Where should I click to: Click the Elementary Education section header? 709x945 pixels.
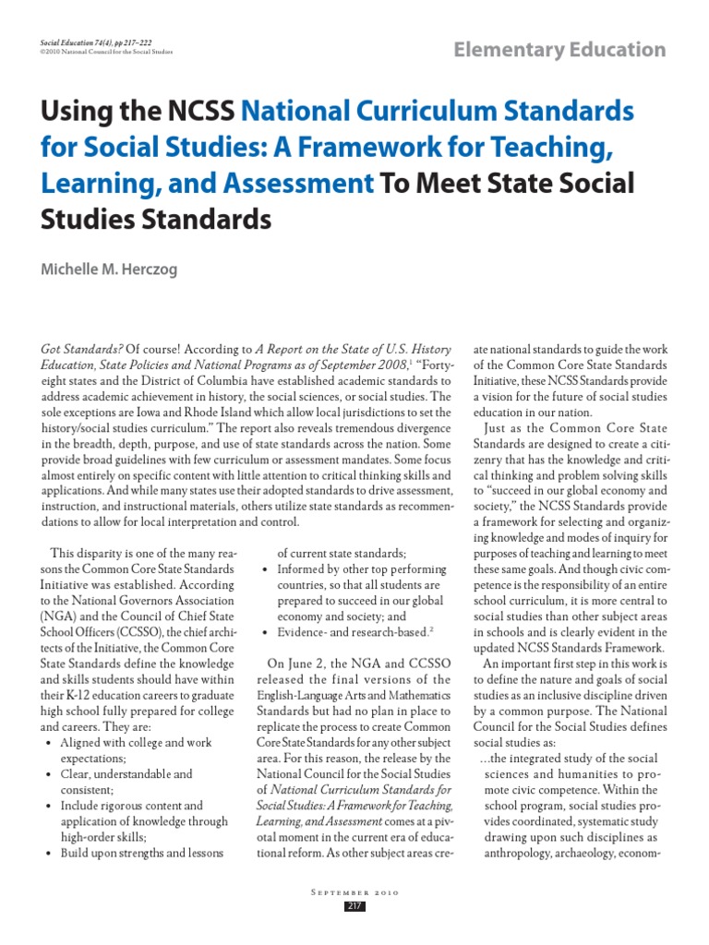[x=559, y=50]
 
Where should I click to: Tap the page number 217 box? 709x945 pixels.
[x=354, y=906]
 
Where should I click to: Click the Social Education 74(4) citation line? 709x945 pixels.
[x=96, y=42]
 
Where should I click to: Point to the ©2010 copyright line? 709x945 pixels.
[x=107, y=53]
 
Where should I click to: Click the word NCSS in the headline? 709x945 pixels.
[x=197, y=113]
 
